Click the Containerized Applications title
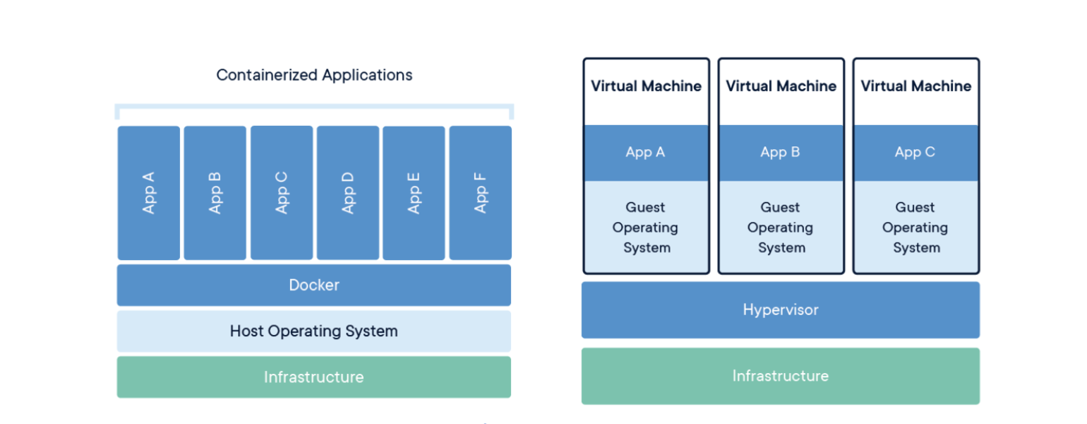pyautogui.click(x=315, y=75)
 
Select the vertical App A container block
pyautogui.click(x=148, y=193)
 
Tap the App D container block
pyautogui.click(x=347, y=193)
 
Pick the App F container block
pyautogui.click(x=481, y=193)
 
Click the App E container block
pyautogui.click(x=414, y=193)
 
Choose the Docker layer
pyautogui.click(x=314, y=285)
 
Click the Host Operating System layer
pyautogui.click(x=314, y=331)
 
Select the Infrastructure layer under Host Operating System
pyautogui.click(x=314, y=377)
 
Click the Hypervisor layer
pyautogui.click(x=781, y=310)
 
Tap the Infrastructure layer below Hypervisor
pyautogui.click(x=781, y=376)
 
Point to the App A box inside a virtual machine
pyautogui.click(x=646, y=153)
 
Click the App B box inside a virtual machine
pyautogui.click(x=781, y=153)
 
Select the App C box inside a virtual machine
pyautogui.click(x=915, y=153)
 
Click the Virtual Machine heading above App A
pyautogui.click(x=646, y=86)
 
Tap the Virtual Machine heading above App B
pyautogui.click(x=781, y=86)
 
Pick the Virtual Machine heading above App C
pyautogui.click(x=915, y=86)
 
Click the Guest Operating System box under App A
pyautogui.click(x=646, y=227)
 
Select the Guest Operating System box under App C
pyautogui.click(x=915, y=227)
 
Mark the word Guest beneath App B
pyautogui.click(x=780, y=207)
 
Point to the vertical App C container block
pyautogui.click(x=282, y=193)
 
